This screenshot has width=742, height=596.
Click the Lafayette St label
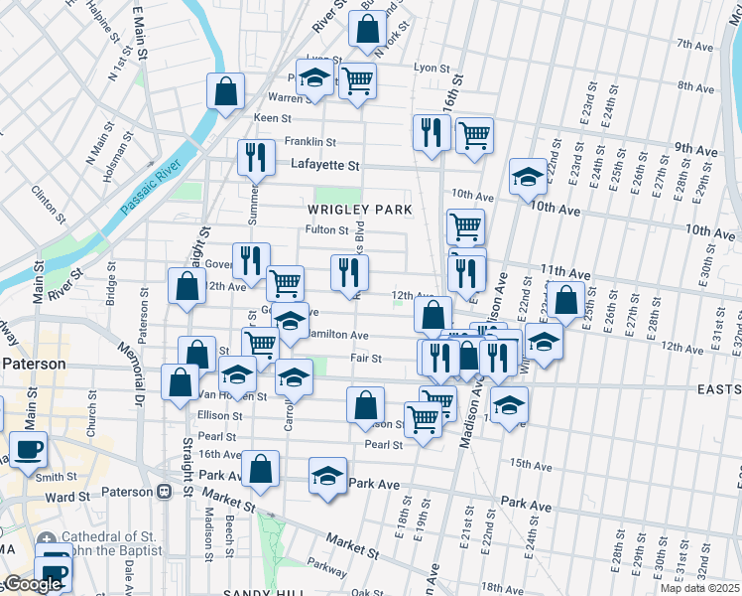click(x=324, y=165)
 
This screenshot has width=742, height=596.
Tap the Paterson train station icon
click(x=164, y=491)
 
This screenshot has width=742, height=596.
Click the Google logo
click(x=32, y=584)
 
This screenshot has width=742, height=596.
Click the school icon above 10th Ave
click(x=528, y=177)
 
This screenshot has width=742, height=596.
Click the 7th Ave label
click(x=695, y=44)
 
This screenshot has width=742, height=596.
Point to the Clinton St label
click(x=46, y=203)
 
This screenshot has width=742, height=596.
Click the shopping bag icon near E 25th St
click(x=566, y=299)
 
